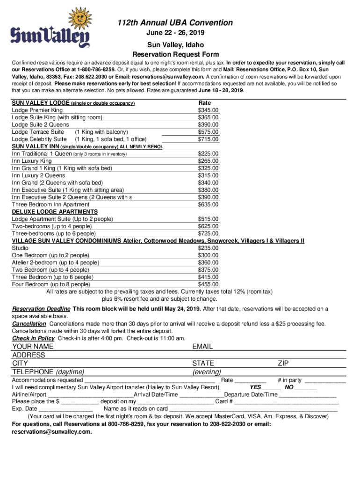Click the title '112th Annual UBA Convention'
[175, 22]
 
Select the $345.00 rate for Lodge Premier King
[208, 110]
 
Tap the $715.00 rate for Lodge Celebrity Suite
[208, 139]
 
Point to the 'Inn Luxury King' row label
[32, 161]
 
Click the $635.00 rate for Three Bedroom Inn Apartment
[208, 204]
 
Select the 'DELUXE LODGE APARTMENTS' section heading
[55, 212]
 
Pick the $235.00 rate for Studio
[208, 248]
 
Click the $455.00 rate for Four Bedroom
[208, 284]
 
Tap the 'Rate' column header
[205, 102]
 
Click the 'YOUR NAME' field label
[33, 347]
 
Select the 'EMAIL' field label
[202, 347]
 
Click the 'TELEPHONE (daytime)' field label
[48, 372]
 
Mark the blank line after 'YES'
[272, 388]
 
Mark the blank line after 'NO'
[306, 388]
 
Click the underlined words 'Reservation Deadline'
[41, 309]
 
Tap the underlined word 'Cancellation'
[29, 324]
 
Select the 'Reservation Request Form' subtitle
[175, 54]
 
